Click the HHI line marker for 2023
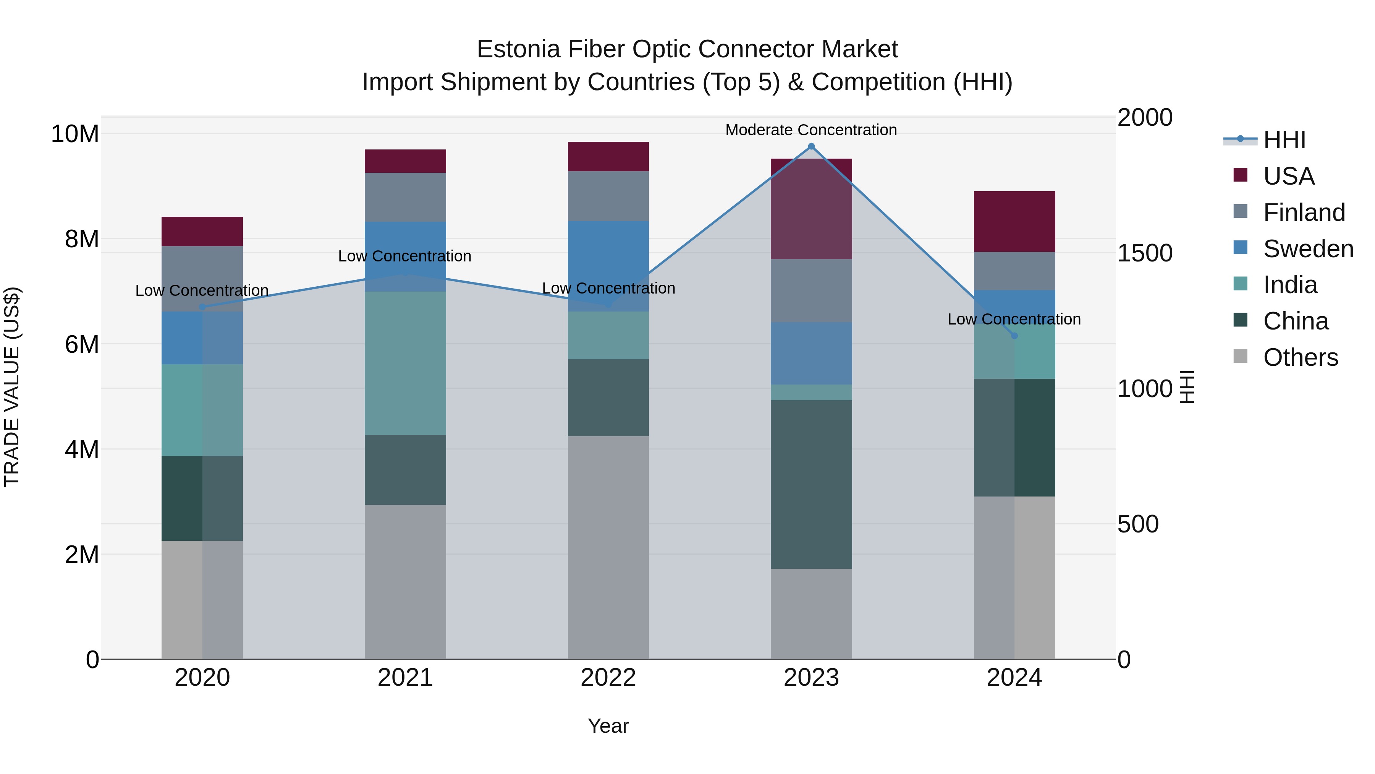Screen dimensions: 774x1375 811,146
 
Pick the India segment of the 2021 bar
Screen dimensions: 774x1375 405,363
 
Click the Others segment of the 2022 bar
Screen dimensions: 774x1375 608,547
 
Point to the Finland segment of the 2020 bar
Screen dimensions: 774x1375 202,278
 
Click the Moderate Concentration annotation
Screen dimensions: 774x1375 811,130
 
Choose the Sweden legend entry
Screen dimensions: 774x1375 1308,249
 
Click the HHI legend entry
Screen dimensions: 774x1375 1284,140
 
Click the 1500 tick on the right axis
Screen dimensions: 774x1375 1144,253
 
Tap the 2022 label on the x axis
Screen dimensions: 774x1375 608,678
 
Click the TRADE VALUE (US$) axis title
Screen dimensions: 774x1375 12,387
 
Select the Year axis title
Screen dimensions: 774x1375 608,726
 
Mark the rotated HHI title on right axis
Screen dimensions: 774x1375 1187,387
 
